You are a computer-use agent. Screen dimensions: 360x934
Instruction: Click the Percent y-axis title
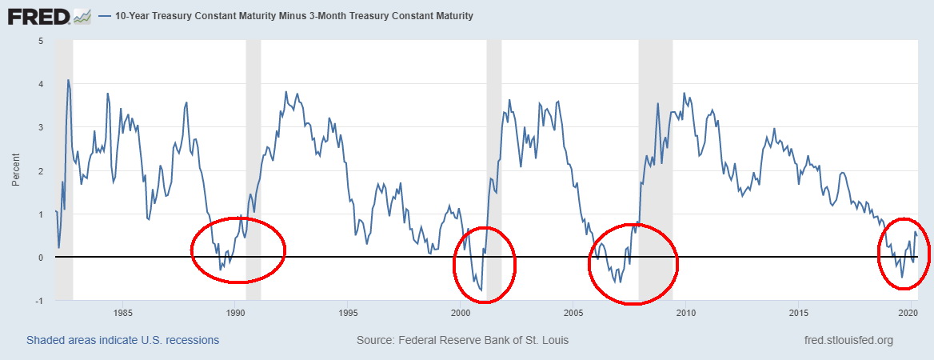16,170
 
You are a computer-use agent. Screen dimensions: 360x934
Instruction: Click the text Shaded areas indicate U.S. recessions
122,340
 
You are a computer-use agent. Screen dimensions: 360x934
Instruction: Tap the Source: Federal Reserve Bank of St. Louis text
463,340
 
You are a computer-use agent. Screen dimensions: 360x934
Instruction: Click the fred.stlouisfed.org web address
849,340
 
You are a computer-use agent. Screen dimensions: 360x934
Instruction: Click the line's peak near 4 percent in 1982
68,80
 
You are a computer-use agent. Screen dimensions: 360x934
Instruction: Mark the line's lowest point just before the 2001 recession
481,290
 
